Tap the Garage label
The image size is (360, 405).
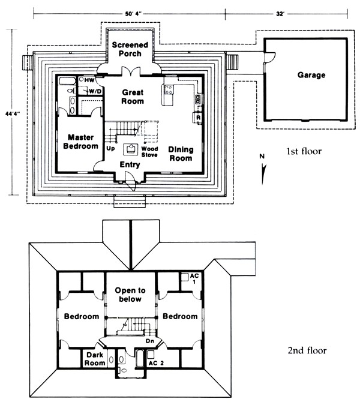coord(311,76)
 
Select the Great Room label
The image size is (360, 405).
coord(133,97)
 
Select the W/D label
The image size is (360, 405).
coord(95,91)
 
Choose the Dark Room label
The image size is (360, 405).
coord(95,359)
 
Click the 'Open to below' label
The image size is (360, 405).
coord(131,295)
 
